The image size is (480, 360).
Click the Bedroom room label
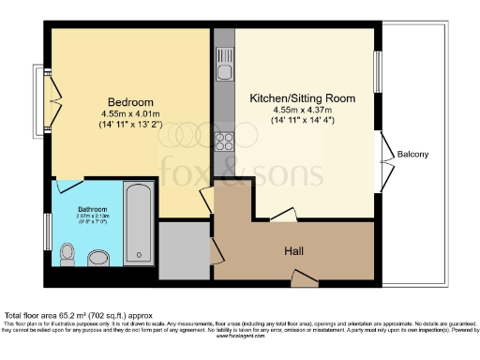125,101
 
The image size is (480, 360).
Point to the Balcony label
413,154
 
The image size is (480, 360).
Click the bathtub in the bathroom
138,225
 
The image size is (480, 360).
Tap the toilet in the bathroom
67,252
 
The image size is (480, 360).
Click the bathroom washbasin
97,257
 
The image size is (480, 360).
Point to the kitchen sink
224,69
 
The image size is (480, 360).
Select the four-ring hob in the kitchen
224,142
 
